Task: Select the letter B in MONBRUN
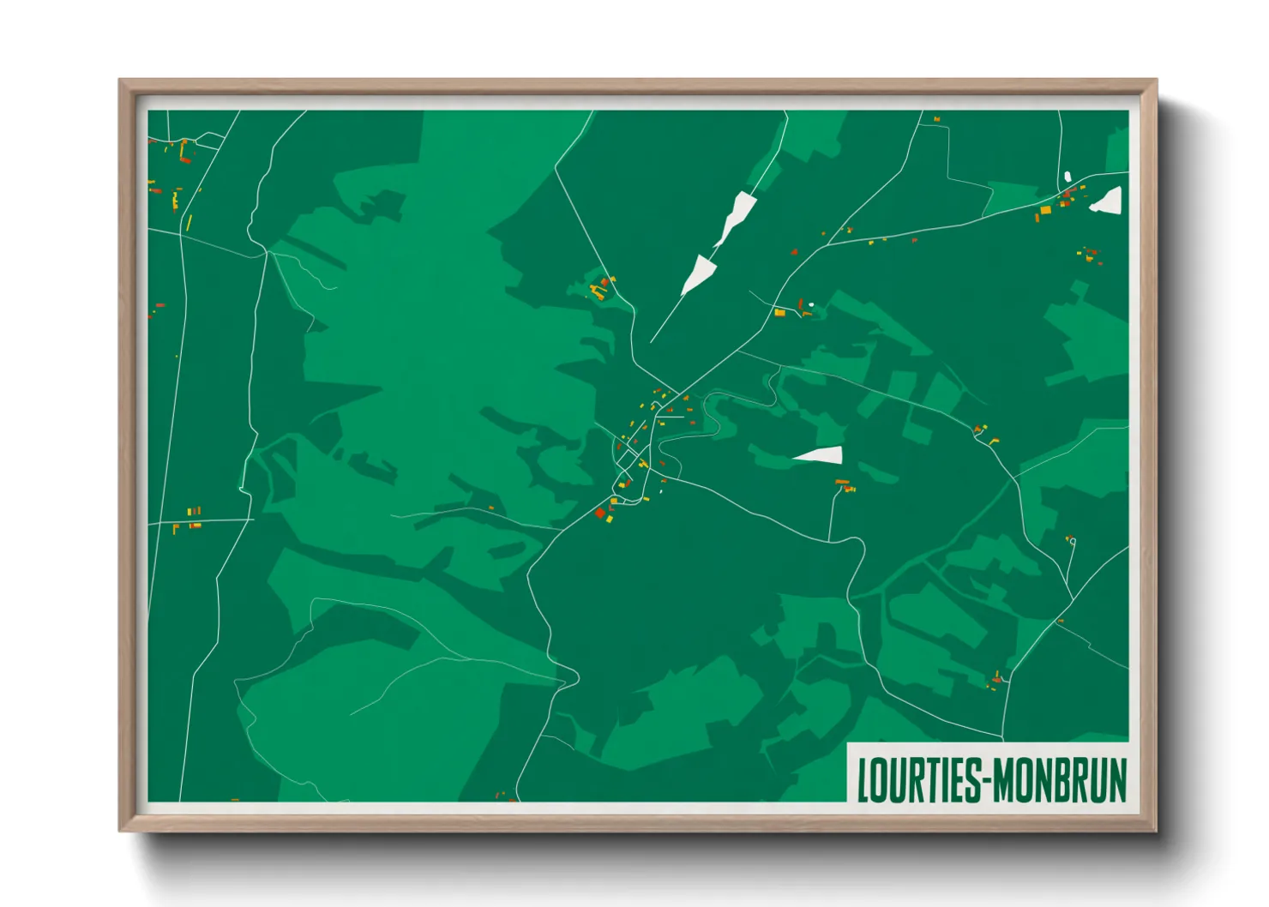(1062, 780)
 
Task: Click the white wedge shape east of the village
(821, 455)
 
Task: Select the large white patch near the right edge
(1108, 202)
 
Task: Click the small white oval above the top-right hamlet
(1068, 177)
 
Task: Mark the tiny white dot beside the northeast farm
(811, 304)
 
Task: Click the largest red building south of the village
(600, 513)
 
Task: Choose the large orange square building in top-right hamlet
(1045, 209)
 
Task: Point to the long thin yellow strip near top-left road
(189, 223)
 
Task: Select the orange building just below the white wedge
(842, 483)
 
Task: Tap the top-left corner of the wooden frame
(120, 81)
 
